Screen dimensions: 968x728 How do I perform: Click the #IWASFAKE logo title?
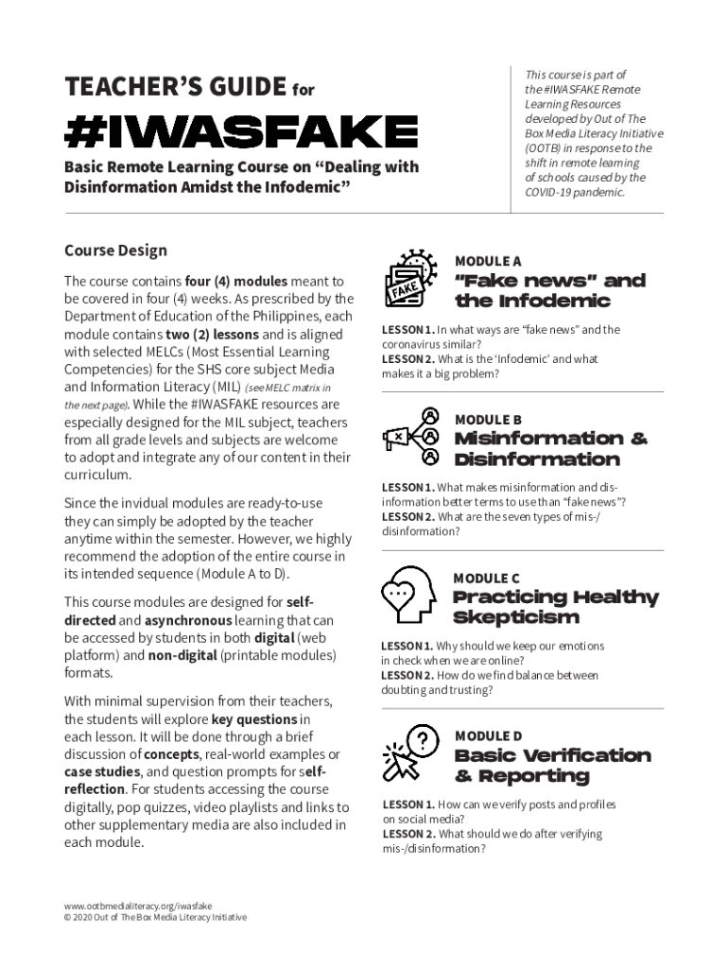pos(240,131)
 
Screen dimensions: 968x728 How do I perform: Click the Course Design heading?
pos(115,251)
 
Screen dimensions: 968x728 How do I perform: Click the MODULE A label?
pos(488,261)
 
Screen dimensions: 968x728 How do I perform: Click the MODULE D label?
pos(488,735)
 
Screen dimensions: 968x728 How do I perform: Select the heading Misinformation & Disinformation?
pos(550,449)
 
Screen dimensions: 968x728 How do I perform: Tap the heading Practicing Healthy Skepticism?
pos(555,607)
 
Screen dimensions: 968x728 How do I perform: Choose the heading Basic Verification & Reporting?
pos(552,766)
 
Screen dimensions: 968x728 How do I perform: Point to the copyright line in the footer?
pos(155,917)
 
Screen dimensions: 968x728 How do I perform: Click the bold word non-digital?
pos(182,655)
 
